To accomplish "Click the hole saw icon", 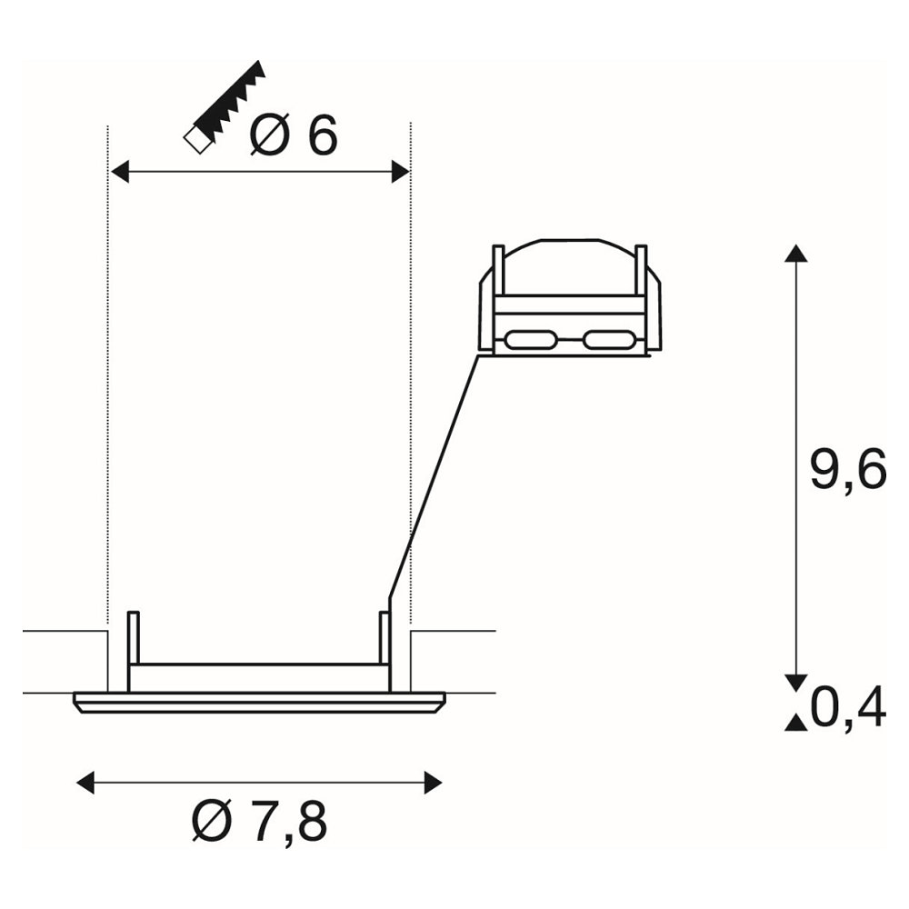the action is coord(225,107).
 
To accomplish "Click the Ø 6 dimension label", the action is coord(294,135).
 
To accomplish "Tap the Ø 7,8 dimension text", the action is coord(260,821).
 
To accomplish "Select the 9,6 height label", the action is coord(848,468).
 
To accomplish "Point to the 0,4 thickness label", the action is coord(848,706).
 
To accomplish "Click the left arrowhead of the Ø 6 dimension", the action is coord(119,172).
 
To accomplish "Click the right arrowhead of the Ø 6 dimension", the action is coord(401,172).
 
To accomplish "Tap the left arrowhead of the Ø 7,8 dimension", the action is coord(85,783).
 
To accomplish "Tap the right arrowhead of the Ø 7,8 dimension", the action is coord(434,783).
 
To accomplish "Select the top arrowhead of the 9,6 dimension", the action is coord(796,254).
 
